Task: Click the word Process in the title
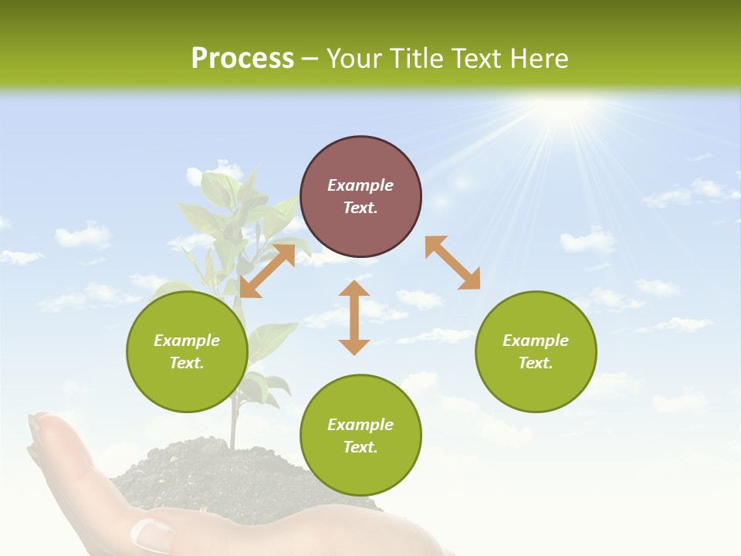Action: [242, 59]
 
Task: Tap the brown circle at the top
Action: [360, 196]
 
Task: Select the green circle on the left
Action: [187, 351]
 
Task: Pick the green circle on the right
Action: [536, 351]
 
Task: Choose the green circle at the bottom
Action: [360, 436]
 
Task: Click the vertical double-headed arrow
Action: [354, 317]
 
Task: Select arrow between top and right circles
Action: [452, 263]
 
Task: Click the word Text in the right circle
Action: [536, 363]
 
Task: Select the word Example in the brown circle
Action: [360, 185]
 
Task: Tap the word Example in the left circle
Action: [187, 341]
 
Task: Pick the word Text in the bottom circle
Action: [360, 447]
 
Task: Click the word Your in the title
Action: [354, 59]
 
